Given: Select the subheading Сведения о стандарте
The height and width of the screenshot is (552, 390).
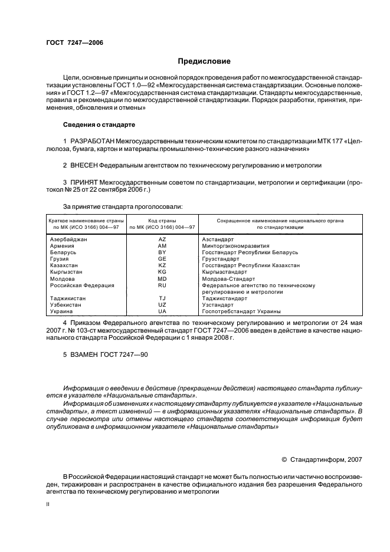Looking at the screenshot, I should click(x=99, y=125).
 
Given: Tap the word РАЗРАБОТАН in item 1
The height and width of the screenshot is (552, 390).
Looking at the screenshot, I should click(x=93, y=142).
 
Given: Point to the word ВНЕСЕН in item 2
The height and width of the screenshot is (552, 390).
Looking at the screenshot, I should click(x=86, y=166).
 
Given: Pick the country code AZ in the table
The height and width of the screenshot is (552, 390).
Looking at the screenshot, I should click(x=162, y=239).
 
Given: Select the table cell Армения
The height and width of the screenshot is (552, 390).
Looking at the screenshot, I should click(x=62, y=246).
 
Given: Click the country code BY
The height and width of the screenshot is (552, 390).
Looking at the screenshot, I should click(x=162, y=252).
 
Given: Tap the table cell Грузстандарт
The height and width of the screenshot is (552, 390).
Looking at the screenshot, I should click(x=221, y=259).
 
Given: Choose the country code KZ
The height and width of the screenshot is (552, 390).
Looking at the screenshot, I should click(x=162, y=265).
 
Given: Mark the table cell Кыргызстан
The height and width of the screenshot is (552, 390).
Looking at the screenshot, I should click(x=66, y=272).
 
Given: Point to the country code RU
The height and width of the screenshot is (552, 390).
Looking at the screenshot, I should click(x=162, y=285).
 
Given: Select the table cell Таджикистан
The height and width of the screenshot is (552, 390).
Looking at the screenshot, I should click(x=68, y=298).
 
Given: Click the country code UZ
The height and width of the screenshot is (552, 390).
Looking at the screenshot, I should click(x=162, y=305).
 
